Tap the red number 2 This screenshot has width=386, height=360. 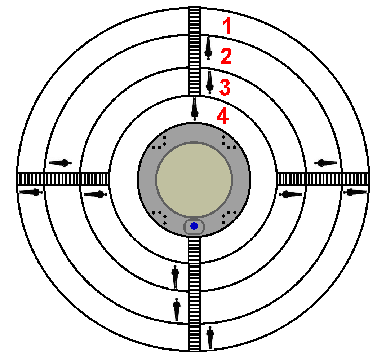pos(226,57)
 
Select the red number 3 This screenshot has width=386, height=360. pos(225,88)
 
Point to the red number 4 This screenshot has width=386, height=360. pos(222,117)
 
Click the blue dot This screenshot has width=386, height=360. pos(194,226)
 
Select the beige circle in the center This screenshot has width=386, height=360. pos(194,180)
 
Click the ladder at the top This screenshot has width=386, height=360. pos(195,51)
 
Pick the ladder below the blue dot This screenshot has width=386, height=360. pos(194,292)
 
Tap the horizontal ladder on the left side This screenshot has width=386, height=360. pos(63,179)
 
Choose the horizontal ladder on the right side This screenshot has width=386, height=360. pos(322,179)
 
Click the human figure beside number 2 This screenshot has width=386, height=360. pos(208,48)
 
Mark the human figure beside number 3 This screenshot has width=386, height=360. pos(209,82)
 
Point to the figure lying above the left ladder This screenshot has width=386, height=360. pos(60,163)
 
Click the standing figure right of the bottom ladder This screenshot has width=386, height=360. pos(210,337)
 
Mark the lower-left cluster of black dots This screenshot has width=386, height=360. pos(160,217)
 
